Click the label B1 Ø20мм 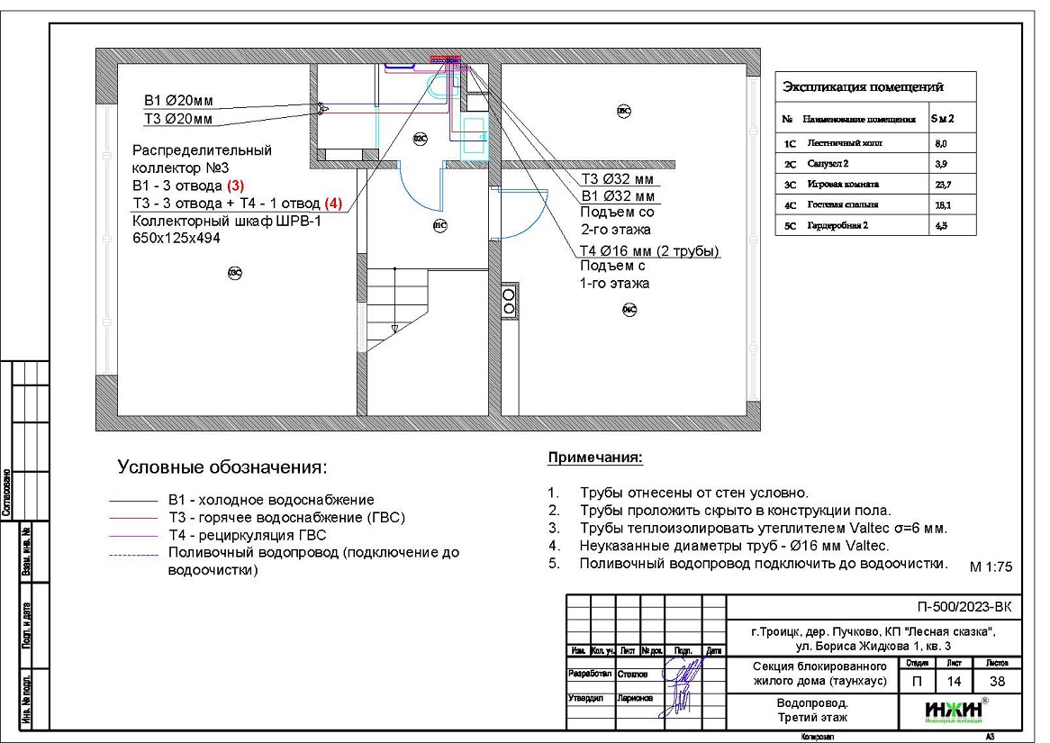tap(177, 100)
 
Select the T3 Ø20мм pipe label tap(177, 118)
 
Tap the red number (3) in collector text tap(235, 186)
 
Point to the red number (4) tap(333, 204)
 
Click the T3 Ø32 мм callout tap(617, 178)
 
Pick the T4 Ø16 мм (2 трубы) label tap(648, 250)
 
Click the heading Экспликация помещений tap(863, 87)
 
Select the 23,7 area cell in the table tap(940, 184)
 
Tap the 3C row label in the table tap(790, 184)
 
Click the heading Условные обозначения tap(222, 467)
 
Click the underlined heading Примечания tap(595, 458)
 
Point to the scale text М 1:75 tap(991, 567)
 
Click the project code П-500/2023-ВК tap(964, 607)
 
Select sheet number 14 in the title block tap(955, 682)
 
